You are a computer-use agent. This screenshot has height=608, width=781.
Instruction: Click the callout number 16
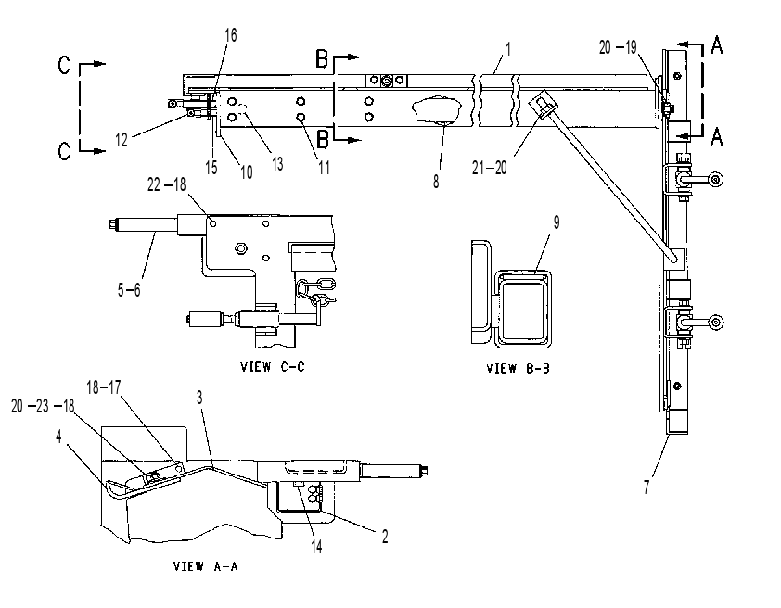(x=231, y=35)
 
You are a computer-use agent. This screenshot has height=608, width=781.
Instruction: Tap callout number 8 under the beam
(x=436, y=182)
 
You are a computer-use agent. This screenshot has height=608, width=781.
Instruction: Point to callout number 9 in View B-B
(x=557, y=222)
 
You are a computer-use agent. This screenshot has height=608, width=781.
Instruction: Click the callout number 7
(x=647, y=486)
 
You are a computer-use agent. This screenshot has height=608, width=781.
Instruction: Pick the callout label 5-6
(x=129, y=289)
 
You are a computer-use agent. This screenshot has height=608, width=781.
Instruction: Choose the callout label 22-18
(x=166, y=184)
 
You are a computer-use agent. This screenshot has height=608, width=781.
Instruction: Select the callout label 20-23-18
(x=43, y=406)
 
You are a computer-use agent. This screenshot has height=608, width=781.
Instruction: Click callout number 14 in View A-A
(x=317, y=546)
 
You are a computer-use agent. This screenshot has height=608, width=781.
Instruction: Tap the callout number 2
(x=385, y=537)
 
